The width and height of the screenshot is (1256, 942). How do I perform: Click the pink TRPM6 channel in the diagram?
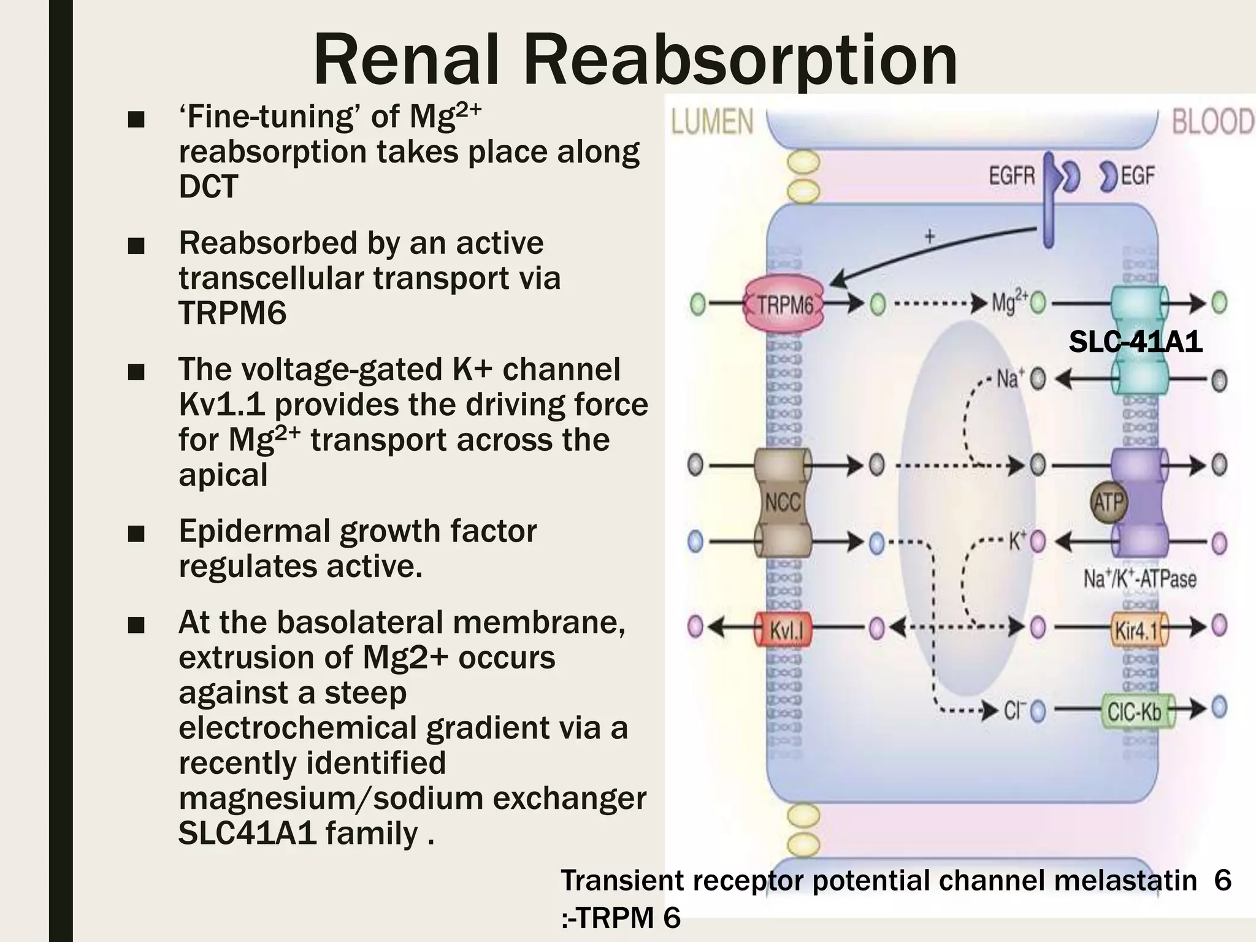click(784, 305)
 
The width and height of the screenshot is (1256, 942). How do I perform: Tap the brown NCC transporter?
click(783, 502)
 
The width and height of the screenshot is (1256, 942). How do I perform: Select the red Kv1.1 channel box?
click(783, 629)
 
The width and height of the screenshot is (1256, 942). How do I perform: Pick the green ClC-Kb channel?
click(1138, 711)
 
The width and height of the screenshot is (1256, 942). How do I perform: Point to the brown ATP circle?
click(1109, 503)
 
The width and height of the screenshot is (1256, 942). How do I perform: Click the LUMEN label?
click(713, 121)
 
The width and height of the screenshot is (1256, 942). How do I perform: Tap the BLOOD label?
click(1213, 121)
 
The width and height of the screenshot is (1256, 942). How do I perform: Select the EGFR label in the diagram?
click(1012, 177)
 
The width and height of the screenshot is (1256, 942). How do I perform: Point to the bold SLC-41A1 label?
click(1136, 342)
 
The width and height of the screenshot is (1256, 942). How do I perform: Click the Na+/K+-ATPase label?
click(1140, 578)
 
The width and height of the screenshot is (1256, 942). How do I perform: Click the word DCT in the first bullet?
click(209, 186)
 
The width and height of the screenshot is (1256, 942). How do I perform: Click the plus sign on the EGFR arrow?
click(930, 237)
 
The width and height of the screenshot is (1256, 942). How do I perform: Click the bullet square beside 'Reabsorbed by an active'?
click(136, 247)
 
